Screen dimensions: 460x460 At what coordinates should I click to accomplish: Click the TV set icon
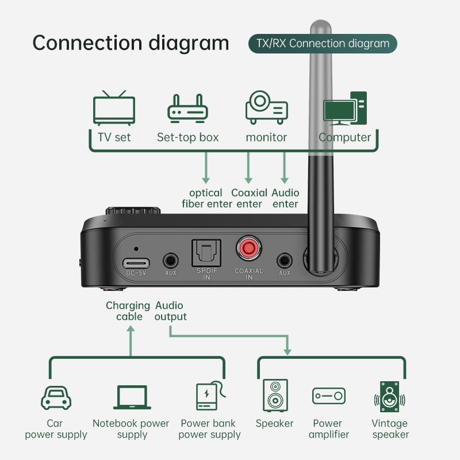[x=114, y=108]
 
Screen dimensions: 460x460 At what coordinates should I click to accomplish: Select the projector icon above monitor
[x=266, y=107]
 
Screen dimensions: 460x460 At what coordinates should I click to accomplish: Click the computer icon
[x=344, y=108]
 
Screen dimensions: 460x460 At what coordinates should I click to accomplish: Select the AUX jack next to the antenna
[x=284, y=260]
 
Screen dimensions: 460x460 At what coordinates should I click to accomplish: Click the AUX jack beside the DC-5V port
[x=170, y=260]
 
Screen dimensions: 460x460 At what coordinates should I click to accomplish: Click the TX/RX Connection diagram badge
[x=322, y=44]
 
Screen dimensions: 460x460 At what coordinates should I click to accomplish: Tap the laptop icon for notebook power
[x=132, y=397]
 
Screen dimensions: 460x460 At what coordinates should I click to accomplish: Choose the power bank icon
[x=208, y=396]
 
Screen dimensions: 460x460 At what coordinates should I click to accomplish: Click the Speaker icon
[x=274, y=396]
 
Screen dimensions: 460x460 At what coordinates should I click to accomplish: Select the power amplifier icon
[x=329, y=396]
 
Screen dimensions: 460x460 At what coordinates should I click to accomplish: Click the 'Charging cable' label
[x=128, y=311]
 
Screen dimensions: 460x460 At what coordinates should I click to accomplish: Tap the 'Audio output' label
[x=170, y=311]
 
